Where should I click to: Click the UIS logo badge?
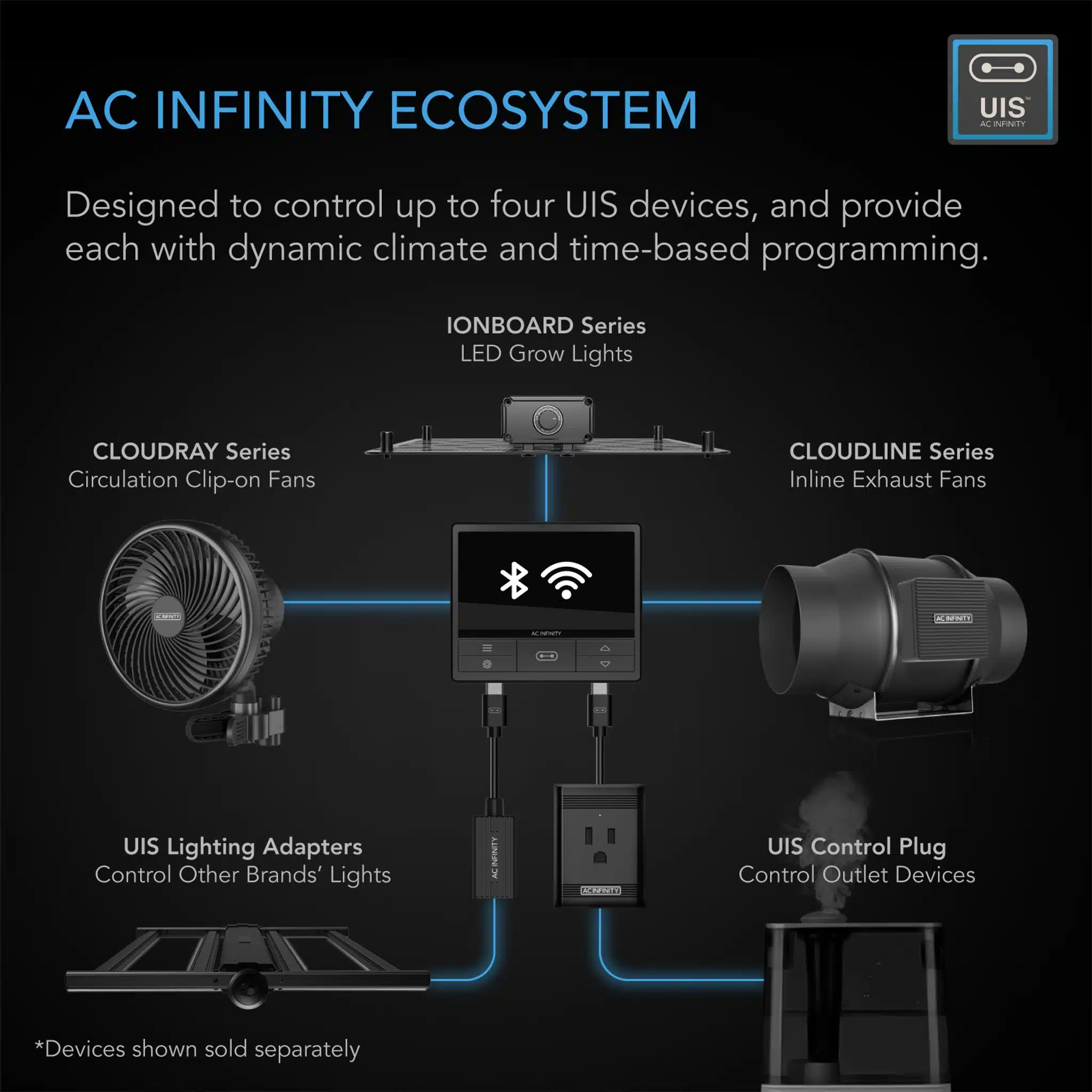[1002, 89]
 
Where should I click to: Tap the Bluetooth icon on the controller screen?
[514, 581]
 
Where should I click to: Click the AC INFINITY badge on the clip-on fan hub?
[167, 617]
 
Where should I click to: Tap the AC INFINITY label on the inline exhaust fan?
[953, 619]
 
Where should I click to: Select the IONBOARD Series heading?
[546, 326]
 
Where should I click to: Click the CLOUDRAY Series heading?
[191, 452]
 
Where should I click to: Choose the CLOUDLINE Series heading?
[892, 452]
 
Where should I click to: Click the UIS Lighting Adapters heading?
[243, 847]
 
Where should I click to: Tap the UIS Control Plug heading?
[856, 847]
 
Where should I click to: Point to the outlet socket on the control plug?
[600, 845]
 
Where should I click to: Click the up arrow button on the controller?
[605, 648]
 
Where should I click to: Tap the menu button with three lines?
[487, 648]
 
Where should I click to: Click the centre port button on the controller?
[546, 656]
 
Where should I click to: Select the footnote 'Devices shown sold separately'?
[198, 1049]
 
